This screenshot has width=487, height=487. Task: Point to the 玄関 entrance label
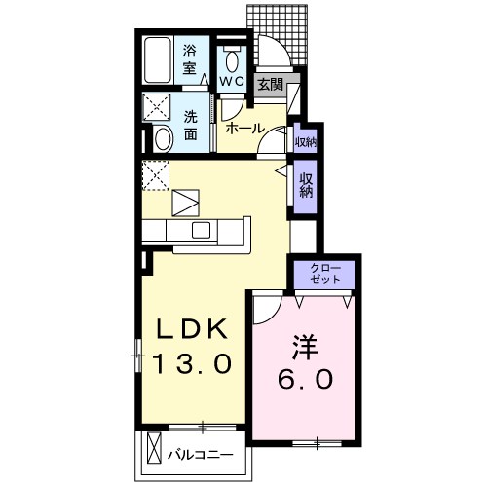(270, 85)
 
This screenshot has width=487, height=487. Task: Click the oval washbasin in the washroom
(163, 138)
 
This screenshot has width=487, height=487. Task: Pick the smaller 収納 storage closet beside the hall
(305, 142)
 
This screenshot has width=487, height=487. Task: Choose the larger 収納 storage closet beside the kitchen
(306, 185)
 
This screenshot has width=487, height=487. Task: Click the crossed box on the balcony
(153, 450)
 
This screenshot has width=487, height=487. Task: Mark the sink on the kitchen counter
(203, 230)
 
